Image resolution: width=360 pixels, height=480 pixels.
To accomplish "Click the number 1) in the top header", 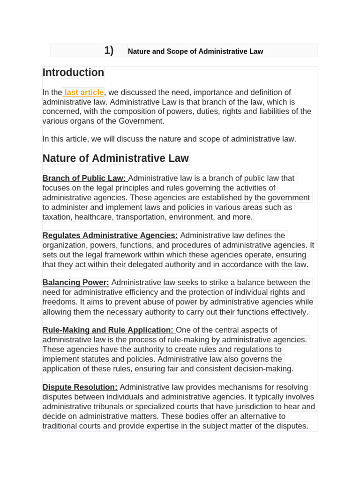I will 109,51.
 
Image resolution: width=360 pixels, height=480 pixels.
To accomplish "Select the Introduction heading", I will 73,73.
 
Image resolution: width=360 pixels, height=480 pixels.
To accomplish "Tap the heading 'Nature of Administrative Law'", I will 116,158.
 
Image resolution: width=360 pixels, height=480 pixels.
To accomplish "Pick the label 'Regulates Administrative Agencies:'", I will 110,235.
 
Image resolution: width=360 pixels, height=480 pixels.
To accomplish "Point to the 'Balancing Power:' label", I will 76,282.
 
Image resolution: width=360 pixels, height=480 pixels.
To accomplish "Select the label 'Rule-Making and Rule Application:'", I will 108,330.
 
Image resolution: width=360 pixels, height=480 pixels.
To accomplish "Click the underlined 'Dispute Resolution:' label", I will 80,387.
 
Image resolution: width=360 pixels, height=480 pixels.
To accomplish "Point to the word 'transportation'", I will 142,217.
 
